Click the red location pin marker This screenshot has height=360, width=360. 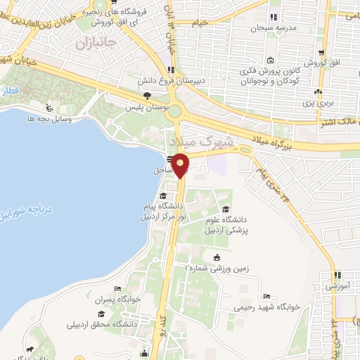[181, 165]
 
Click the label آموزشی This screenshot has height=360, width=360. [338, 286]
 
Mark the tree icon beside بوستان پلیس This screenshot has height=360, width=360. [147, 96]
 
